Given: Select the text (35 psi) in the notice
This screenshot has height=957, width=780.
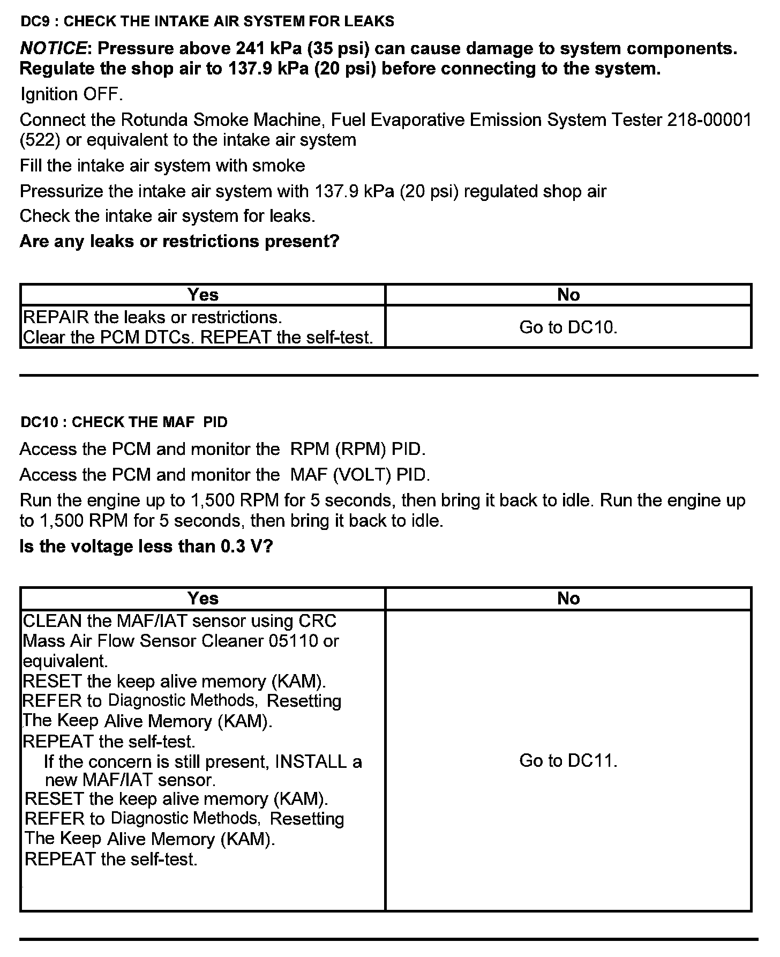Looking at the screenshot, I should point(342,49).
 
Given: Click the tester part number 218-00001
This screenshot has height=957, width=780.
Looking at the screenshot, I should point(709,120).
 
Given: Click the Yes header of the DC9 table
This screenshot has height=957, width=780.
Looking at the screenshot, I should point(203,295).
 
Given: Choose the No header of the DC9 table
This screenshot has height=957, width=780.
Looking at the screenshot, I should point(568,295).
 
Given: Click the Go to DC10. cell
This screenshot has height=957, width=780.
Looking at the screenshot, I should point(568,327).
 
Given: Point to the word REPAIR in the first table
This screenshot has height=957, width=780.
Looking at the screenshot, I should point(56,318).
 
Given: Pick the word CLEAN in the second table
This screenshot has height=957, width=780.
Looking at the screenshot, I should point(52,621).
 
